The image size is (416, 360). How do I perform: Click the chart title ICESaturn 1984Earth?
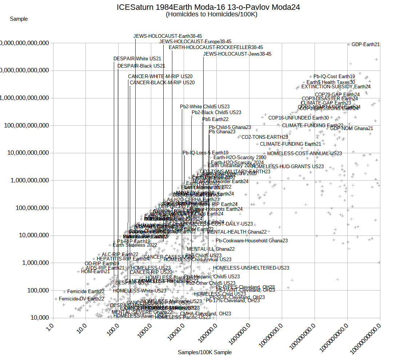[x=208, y=7]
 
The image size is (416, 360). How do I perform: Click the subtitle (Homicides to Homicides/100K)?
[x=211, y=15]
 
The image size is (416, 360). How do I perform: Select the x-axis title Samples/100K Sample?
[x=205, y=352]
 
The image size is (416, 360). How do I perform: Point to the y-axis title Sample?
[x=19, y=19]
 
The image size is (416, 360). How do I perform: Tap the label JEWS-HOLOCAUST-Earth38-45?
[x=163, y=36]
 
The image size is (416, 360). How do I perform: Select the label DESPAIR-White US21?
[x=137, y=58]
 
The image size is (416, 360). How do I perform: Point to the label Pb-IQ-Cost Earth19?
[x=334, y=77]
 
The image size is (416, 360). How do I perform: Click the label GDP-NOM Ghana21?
[x=352, y=128]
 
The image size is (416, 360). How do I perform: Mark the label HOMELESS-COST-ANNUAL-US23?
[x=305, y=153]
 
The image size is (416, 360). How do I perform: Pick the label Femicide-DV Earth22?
[x=81, y=299]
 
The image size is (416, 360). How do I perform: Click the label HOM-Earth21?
[x=95, y=271]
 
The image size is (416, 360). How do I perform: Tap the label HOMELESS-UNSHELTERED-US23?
[x=251, y=268]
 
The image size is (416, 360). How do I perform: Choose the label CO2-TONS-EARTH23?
[x=265, y=137]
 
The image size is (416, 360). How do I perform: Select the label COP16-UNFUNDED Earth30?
[x=299, y=118]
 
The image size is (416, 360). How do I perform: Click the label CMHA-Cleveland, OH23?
[x=205, y=314]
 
